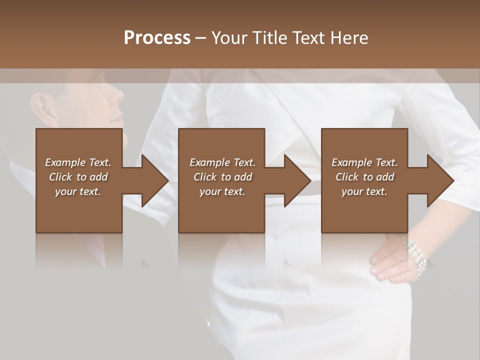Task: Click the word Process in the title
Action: [157, 38]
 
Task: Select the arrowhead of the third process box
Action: [440, 180]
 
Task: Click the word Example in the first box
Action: [65, 162]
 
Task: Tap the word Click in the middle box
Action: [205, 177]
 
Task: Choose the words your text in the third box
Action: [364, 191]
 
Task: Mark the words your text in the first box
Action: [78, 191]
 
